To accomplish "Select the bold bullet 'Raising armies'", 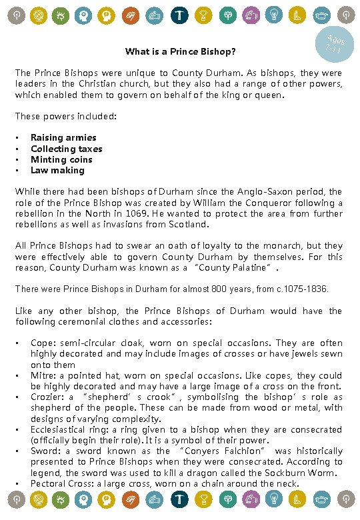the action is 63,138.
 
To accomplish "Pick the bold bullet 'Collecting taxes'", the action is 67,149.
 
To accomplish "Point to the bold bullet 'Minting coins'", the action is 61,159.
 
